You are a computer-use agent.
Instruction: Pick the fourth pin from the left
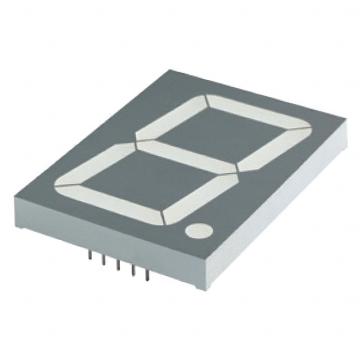click(133, 271)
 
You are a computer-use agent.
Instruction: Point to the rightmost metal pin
click(147, 276)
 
